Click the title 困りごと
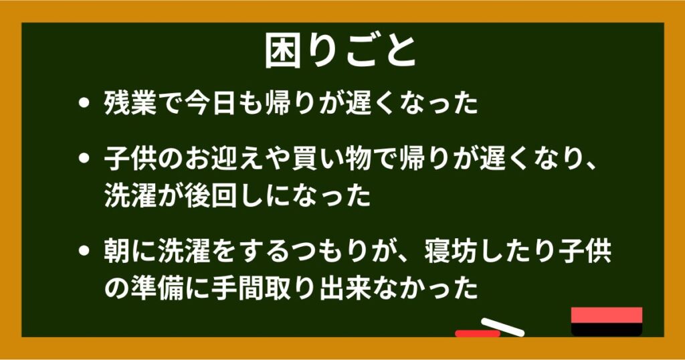click(340, 51)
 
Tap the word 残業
click(130, 104)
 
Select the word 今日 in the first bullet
click(210, 104)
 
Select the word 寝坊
click(450, 250)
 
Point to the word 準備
click(157, 288)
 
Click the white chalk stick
click(502, 327)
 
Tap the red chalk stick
click(478, 333)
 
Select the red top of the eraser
click(606, 315)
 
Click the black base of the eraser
click(606, 329)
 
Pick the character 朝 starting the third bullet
click(117, 250)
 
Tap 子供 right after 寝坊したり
click(584, 250)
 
